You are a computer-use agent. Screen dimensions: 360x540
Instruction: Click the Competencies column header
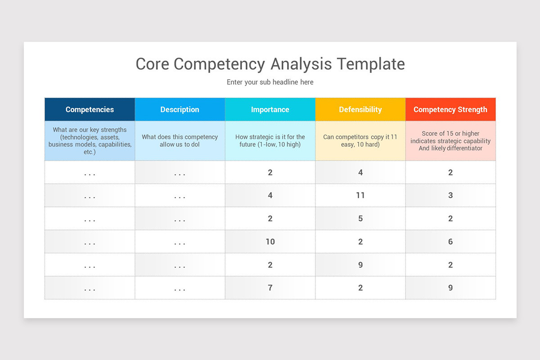90,109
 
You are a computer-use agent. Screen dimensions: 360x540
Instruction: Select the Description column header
180,109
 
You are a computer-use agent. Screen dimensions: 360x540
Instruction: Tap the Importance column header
270,109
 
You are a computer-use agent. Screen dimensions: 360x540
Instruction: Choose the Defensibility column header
360,109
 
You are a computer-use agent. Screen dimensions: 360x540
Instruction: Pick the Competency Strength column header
450,109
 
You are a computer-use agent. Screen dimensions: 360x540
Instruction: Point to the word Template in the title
371,64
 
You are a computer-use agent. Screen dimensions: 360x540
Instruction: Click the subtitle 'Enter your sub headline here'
270,82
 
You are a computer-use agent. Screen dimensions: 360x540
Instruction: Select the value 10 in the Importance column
270,242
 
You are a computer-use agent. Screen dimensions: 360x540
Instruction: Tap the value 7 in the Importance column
270,288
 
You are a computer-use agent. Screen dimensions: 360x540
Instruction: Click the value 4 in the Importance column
270,195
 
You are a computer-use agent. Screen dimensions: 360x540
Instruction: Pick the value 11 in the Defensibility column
360,195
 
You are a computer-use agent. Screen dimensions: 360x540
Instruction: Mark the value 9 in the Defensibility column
360,265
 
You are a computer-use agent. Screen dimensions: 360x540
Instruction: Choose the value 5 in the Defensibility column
360,219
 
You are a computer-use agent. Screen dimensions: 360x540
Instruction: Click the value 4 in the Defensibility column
360,172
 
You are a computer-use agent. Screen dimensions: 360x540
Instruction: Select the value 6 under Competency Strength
450,242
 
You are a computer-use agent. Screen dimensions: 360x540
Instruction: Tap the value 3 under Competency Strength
450,195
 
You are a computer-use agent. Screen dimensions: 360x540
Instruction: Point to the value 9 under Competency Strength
450,288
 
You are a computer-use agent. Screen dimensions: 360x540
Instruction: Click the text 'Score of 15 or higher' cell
450,141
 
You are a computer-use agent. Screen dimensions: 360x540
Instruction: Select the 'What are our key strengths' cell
90,141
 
